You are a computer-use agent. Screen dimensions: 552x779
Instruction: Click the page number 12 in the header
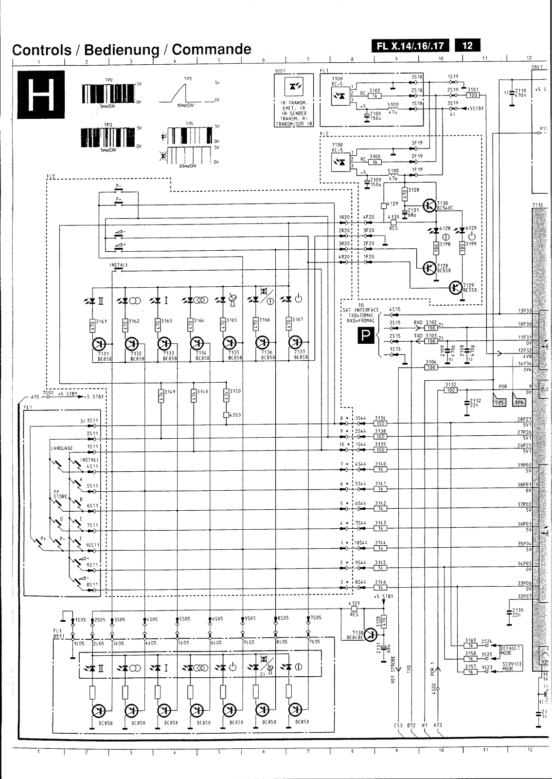467,46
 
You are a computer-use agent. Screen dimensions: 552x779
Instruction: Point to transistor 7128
429,267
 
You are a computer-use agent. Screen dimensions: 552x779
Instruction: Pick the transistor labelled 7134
196,344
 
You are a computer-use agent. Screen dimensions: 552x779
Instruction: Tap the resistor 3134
380,424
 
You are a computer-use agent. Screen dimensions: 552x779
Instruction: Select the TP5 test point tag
499,403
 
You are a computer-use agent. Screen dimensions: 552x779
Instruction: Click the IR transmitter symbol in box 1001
295,86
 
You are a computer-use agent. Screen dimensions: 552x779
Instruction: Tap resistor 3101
473,95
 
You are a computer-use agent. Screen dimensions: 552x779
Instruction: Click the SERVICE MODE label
511,667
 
